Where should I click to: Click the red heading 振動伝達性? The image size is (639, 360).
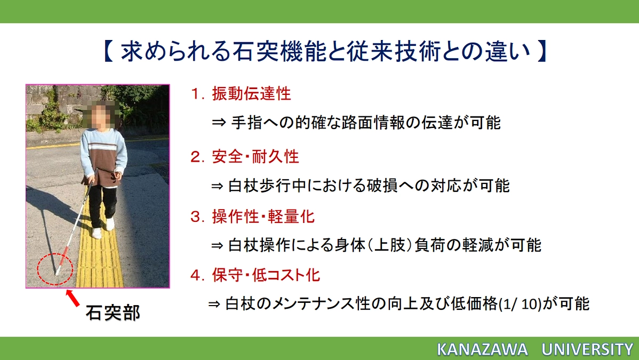tap(251, 94)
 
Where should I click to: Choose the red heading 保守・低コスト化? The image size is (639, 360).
tap(266, 275)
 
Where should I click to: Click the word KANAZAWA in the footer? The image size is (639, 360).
tap(482, 349)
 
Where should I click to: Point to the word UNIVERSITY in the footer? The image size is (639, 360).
tap(587, 349)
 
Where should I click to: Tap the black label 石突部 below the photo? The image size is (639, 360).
tap(113, 313)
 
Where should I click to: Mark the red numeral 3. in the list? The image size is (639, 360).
tap(197, 217)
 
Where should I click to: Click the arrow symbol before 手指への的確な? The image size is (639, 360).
tap(219, 123)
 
